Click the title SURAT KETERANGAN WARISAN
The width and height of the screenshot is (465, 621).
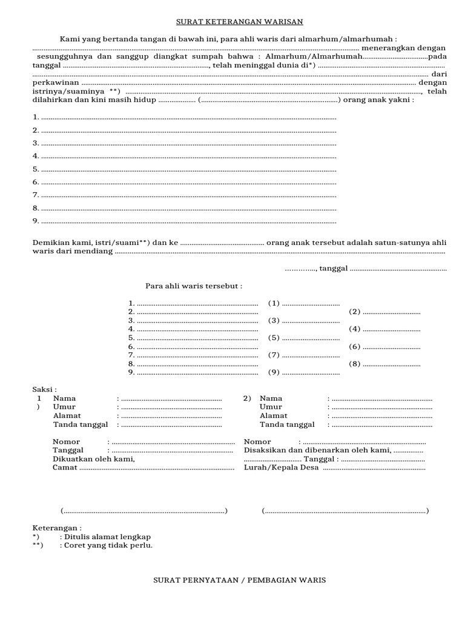click(x=239, y=22)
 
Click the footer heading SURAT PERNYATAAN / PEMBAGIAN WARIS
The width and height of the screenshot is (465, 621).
click(x=239, y=580)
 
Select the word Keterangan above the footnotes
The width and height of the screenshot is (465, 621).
click(x=56, y=528)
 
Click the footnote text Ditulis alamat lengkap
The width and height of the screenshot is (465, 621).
click(x=105, y=537)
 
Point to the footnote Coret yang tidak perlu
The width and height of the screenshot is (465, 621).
click(x=107, y=545)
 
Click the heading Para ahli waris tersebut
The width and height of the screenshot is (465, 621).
click(x=194, y=286)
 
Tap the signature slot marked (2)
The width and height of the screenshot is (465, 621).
click(x=355, y=312)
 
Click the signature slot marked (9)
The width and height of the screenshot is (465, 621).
click(x=274, y=372)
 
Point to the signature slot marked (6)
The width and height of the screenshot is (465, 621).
click(x=355, y=347)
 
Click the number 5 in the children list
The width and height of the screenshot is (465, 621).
click(x=36, y=169)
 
